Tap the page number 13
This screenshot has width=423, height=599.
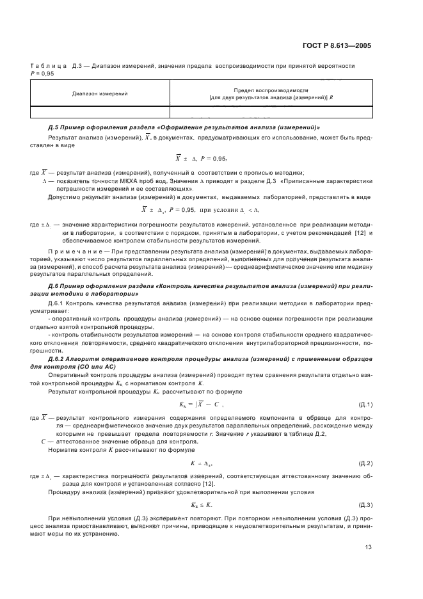point(368,547)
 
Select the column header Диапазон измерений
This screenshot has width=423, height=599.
point(100,93)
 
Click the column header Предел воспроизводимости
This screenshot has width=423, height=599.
point(271,90)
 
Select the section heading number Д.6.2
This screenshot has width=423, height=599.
point(58,360)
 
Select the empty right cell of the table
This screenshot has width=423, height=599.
point(271,113)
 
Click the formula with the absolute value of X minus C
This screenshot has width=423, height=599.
point(202,404)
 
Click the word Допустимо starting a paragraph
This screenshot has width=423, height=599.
point(63,197)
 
